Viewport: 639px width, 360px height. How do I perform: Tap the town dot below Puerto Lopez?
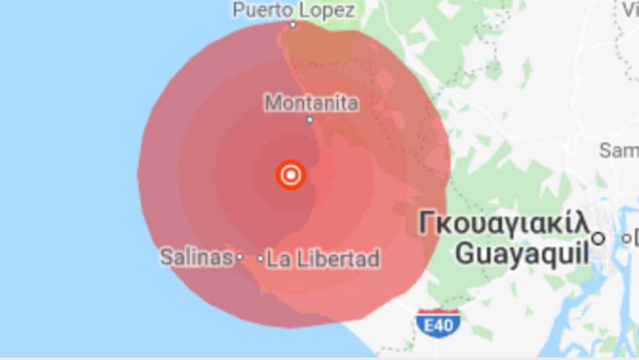(292, 25)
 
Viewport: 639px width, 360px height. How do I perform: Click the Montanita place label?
(312, 103)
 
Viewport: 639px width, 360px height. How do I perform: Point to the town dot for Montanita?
(309, 120)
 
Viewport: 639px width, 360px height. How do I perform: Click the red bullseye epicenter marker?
(291, 175)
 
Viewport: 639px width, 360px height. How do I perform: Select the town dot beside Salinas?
(240, 257)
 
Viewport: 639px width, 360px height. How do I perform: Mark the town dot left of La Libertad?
(260, 259)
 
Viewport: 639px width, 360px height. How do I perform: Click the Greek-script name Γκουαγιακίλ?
(504, 224)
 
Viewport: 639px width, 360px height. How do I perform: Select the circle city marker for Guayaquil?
(599, 238)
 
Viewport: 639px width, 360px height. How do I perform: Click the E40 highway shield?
(438, 323)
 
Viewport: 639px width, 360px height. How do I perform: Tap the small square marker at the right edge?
(627, 238)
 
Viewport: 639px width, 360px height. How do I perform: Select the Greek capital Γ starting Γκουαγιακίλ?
(427, 224)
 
